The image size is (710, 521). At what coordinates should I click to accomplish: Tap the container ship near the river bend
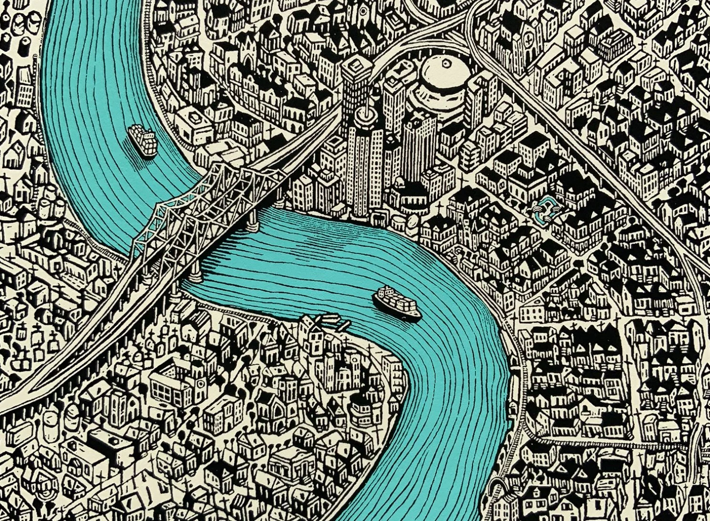tap(398, 303)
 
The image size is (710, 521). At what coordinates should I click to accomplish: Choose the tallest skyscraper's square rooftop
tap(356, 64)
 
